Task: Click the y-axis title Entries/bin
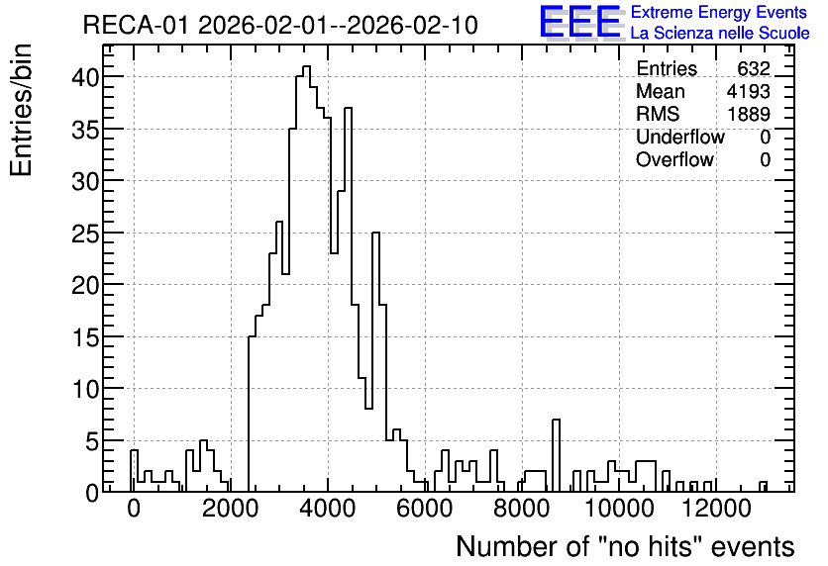tap(21, 110)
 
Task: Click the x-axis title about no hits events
tap(625, 546)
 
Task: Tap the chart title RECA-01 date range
tap(280, 25)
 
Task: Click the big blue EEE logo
tap(580, 22)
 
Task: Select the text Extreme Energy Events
tap(719, 12)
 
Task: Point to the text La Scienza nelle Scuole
tap(720, 33)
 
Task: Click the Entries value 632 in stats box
tap(754, 68)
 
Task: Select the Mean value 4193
tap(748, 91)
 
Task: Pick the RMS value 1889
tap(749, 114)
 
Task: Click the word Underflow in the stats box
tap(680, 137)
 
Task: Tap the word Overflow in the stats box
tap(674, 159)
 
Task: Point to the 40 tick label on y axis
tap(85, 77)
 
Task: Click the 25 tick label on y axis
tap(85, 234)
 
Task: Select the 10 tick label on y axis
tap(85, 389)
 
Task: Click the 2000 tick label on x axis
tap(230, 509)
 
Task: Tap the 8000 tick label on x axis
tap(522, 509)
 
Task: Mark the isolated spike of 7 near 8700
tap(556, 455)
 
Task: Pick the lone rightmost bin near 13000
tap(763, 486)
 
